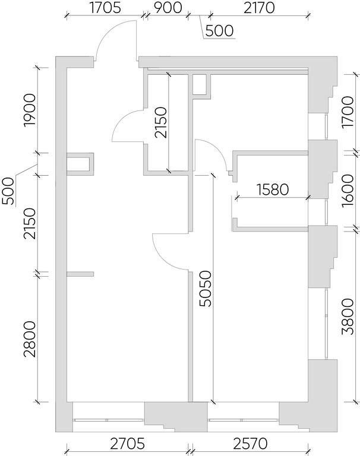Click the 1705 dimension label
click(105, 8)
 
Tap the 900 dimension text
click(168, 8)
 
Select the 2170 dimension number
click(259, 8)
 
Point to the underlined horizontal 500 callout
click(219, 31)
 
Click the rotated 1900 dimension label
click(30, 110)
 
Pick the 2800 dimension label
click(30, 339)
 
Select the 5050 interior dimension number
click(206, 289)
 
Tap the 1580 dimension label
click(273, 189)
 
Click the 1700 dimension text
click(348, 112)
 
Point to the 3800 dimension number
click(348, 316)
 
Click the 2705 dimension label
click(127, 444)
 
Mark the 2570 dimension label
click(250, 444)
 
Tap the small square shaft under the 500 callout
click(201, 85)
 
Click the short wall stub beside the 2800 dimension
click(80, 274)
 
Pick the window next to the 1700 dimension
click(327, 127)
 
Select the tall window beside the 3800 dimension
click(327, 324)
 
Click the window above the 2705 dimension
click(109, 420)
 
